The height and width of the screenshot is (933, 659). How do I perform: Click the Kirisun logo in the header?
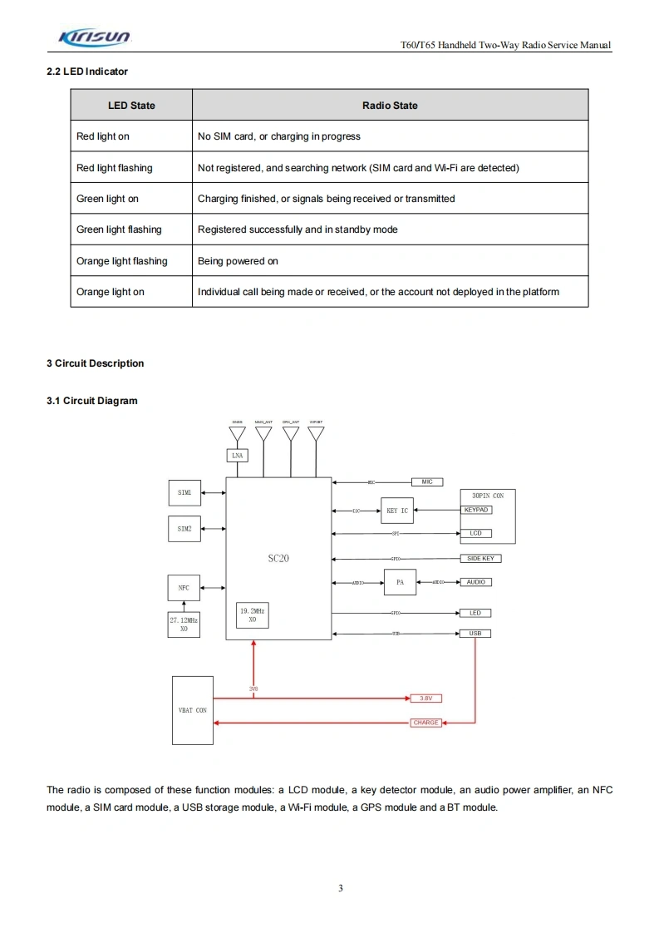point(94,37)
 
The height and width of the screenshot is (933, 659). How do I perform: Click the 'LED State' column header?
point(131,106)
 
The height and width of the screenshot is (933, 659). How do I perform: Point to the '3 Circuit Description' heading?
point(95,363)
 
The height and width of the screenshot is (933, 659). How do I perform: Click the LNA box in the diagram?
point(237,456)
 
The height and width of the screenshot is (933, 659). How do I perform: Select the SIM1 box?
point(184,492)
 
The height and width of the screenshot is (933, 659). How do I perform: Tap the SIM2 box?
point(184,529)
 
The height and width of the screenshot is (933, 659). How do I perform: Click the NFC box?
point(184,588)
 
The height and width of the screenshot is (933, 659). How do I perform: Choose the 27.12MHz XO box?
point(184,625)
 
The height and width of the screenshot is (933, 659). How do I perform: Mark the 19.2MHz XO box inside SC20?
point(253,615)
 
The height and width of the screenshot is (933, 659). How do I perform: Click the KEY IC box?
point(397,511)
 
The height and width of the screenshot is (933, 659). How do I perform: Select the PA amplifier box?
point(400,582)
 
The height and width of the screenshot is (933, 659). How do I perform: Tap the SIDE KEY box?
point(480,559)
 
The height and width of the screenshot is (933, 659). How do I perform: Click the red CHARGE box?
point(425,723)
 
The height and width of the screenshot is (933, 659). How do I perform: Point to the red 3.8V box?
point(425,699)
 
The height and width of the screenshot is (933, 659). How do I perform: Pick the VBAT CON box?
point(193,710)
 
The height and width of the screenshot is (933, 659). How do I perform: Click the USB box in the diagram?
point(475,634)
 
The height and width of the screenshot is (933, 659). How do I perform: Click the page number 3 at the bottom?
point(341,888)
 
